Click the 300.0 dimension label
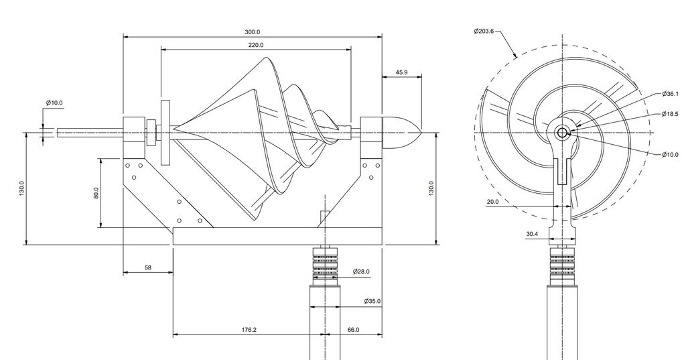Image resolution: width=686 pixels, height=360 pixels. click(253, 32)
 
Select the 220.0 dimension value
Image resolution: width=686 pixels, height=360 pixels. click(256, 45)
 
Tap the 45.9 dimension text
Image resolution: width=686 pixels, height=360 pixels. click(402, 72)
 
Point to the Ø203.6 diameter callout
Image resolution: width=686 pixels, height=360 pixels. click(484, 31)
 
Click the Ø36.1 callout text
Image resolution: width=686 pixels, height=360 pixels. click(670, 94)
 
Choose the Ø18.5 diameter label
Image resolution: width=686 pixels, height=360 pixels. click(670, 114)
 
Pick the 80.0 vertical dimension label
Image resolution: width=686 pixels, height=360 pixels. click(96, 193)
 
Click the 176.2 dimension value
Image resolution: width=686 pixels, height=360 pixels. click(249, 330)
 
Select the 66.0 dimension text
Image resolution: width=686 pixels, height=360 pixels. click(354, 330)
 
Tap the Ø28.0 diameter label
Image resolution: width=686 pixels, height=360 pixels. click(361, 272)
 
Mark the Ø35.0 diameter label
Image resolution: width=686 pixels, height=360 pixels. click(372, 301)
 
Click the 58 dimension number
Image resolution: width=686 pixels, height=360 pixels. click(148, 267)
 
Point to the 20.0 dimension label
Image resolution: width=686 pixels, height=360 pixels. click(492, 202)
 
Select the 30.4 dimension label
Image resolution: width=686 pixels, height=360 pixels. click(532, 235)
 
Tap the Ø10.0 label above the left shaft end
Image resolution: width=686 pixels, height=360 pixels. click(54, 103)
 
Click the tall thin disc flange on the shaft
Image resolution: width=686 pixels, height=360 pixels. click(166, 133)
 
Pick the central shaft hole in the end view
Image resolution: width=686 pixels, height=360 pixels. click(562, 133)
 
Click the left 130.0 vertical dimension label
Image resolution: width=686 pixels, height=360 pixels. click(22, 188)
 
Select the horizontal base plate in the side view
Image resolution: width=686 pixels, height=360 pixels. click(277, 236)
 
